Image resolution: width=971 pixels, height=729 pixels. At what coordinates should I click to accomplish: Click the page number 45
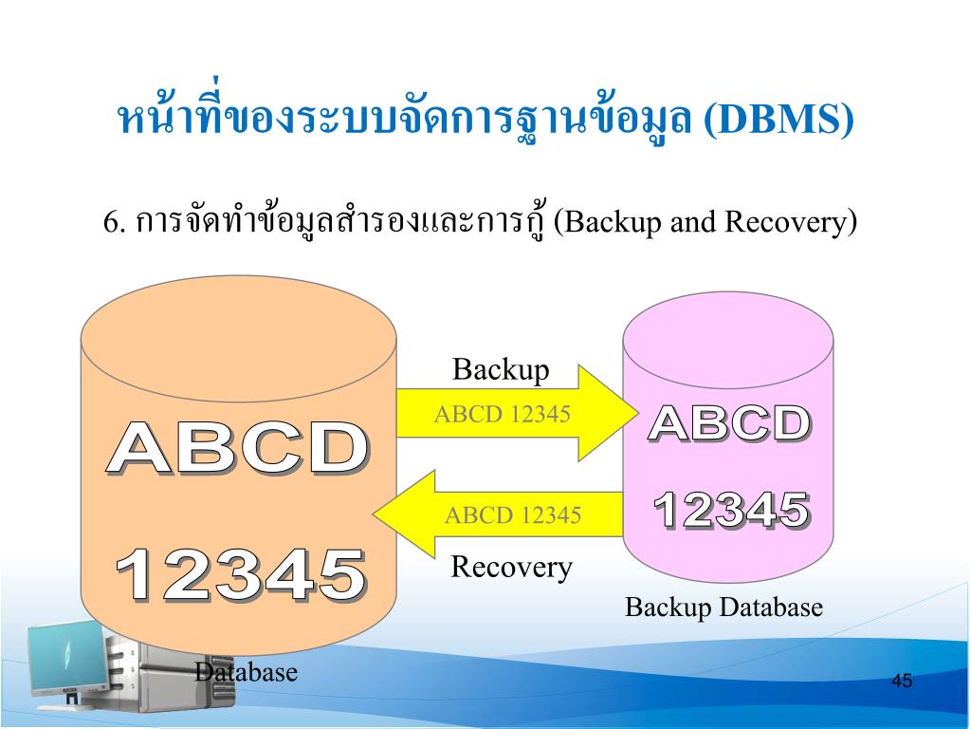pyautogui.click(x=902, y=682)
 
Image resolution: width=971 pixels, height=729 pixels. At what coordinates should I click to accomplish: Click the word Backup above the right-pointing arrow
pyautogui.click(x=501, y=369)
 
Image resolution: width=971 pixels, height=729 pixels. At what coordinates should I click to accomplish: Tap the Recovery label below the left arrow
pyautogui.click(x=511, y=568)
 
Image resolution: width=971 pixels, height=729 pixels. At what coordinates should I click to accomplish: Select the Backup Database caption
pyautogui.click(x=724, y=607)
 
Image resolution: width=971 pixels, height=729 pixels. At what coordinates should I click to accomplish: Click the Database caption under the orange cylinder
pyautogui.click(x=246, y=673)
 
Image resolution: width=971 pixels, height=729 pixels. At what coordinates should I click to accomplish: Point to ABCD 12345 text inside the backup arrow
pyautogui.click(x=502, y=414)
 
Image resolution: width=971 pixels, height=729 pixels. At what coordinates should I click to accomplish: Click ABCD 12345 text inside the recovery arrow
pyautogui.click(x=513, y=515)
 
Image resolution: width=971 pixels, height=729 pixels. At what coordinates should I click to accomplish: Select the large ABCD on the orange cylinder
pyautogui.click(x=237, y=449)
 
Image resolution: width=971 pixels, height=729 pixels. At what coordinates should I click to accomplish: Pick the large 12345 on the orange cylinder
pyautogui.click(x=240, y=575)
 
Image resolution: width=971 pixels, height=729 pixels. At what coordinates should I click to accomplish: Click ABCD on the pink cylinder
pyautogui.click(x=729, y=424)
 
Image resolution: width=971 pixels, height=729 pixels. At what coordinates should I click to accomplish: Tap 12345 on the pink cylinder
pyautogui.click(x=731, y=512)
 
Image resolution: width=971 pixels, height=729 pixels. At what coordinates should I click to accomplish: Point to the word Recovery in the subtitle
pyautogui.click(x=784, y=223)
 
